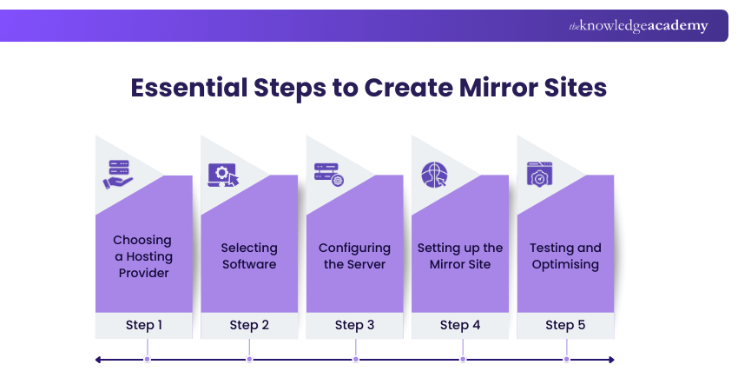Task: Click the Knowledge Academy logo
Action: (638, 26)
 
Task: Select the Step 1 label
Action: (143, 325)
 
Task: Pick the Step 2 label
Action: (249, 325)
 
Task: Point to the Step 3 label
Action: (354, 325)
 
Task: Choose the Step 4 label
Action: (460, 325)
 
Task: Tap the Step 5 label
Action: (565, 325)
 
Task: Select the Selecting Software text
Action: (249, 256)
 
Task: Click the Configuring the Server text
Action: (354, 256)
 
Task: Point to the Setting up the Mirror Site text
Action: (460, 256)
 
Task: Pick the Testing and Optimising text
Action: (565, 256)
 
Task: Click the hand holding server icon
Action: (119, 174)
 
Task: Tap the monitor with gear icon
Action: (223, 174)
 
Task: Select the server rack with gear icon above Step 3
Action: (329, 174)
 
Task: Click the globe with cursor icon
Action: (434, 175)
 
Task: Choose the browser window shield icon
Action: (540, 174)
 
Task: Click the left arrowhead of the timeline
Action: (99, 359)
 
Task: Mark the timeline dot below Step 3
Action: (355, 359)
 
